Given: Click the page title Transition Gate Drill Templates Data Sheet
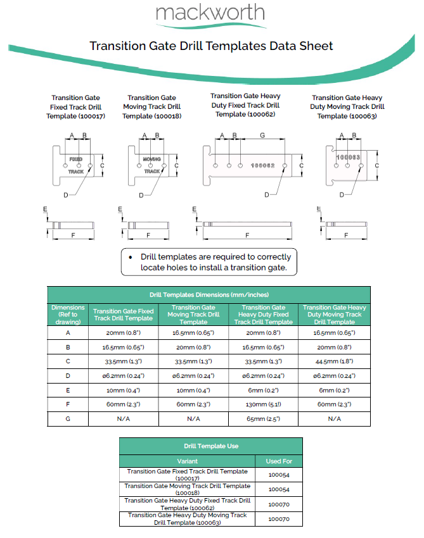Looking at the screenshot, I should click(211, 46).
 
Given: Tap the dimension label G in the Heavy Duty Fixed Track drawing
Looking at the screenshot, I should click(262, 135).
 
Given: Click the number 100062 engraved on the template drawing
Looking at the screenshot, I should click(263, 165).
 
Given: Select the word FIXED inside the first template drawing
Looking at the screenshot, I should click(75, 159).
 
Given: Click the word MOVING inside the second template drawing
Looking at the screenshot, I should click(151, 159).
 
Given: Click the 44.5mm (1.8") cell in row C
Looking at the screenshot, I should click(336, 361).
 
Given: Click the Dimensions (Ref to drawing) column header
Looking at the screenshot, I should click(68, 315).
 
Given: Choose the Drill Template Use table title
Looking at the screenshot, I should click(211, 446).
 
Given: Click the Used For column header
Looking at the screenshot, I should click(278, 461).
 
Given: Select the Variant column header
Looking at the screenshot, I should click(187, 461).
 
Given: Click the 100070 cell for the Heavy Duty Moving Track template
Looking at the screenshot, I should click(278, 519).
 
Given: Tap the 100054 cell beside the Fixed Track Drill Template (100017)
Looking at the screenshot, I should click(278, 475).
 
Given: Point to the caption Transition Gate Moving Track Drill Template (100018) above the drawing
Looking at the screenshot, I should click(151, 106).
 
